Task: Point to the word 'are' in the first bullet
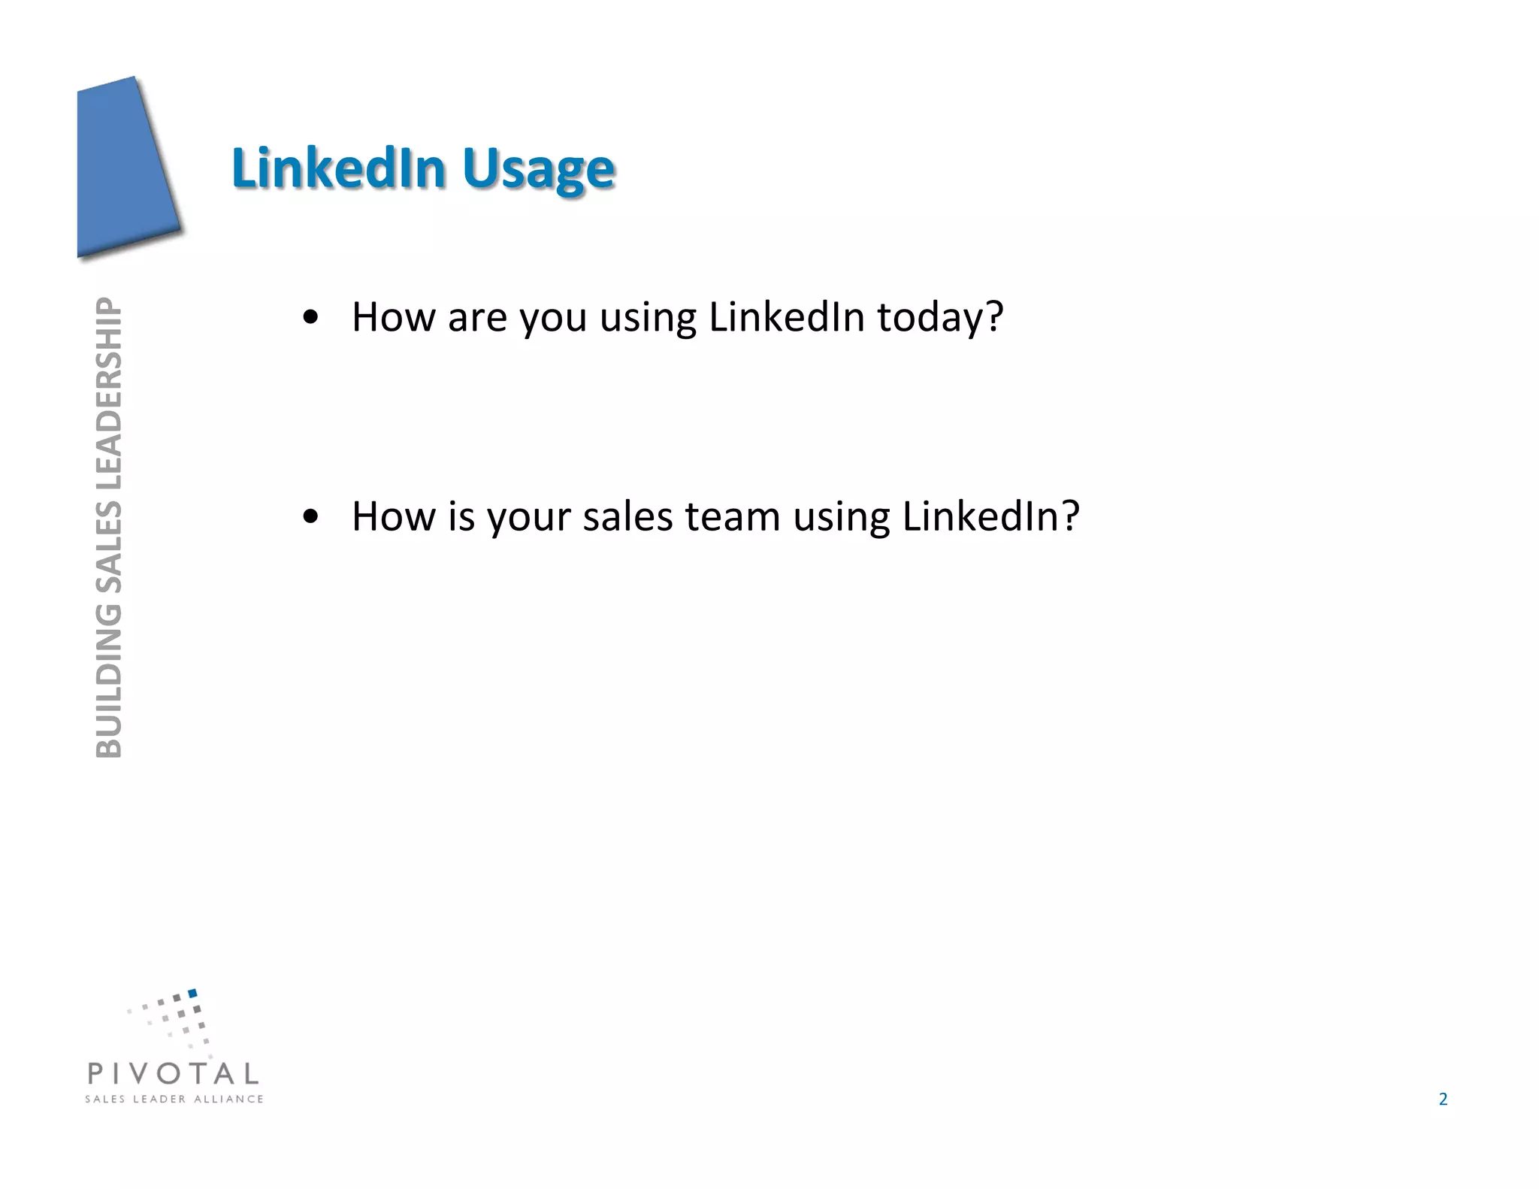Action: click(x=477, y=317)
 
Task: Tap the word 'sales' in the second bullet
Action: click(x=627, y=517)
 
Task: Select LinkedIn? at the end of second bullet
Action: click(x=990, y=517)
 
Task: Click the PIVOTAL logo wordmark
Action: click(x=173, y=1073)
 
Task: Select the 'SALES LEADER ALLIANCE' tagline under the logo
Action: click(x=174, y=1099)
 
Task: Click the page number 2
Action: click(x=1442, y=1100)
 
